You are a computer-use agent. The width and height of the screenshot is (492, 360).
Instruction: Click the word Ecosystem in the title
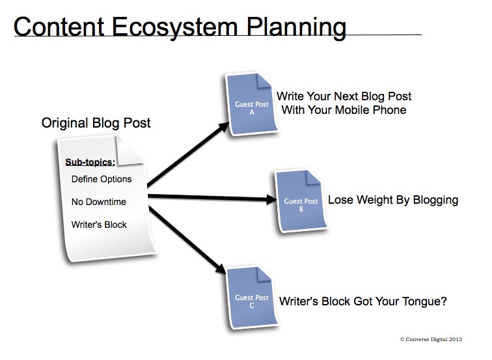[174, 27]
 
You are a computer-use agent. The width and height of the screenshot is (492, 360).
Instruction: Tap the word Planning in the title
[296, 27]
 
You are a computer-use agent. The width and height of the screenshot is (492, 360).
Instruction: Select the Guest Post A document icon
[252, 105]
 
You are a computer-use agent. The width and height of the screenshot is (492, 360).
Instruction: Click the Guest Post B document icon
[301, 202]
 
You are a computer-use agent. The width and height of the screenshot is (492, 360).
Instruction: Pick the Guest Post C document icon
[252, 298]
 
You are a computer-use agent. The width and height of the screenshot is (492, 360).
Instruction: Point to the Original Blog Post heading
[96, 123]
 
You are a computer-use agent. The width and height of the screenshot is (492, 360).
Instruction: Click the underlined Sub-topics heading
[90, 162]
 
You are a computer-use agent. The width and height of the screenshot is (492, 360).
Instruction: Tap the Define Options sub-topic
[102, 179]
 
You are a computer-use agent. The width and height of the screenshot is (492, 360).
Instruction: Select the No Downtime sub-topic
[98, 202]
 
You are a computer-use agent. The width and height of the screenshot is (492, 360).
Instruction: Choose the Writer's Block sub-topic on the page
[99, 225]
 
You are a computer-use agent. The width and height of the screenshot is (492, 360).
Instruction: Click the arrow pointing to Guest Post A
[188, 154]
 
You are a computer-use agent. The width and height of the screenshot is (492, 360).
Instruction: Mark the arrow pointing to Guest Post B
[212, 197]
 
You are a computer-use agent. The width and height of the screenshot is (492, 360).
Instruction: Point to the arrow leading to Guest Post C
[187, 240]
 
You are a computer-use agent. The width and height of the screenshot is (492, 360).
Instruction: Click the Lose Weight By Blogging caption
[393, 200]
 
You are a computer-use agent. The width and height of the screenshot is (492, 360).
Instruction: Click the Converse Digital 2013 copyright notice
[431, 339]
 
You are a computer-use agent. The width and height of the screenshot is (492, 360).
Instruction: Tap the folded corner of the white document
[129, 150]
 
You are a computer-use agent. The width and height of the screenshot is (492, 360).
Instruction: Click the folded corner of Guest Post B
[312, 178]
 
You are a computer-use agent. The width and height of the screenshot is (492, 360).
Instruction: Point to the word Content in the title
[59, 27]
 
